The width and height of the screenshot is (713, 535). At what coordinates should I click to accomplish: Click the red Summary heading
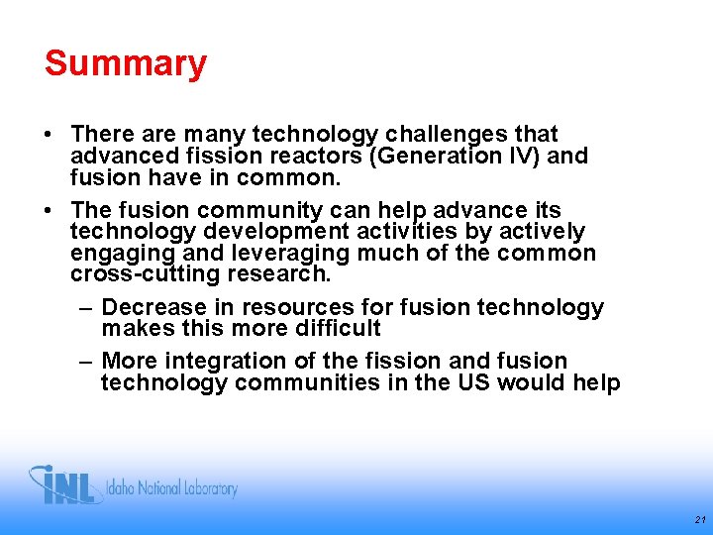[126, 63]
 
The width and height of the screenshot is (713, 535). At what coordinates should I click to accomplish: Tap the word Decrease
[155, 308]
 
